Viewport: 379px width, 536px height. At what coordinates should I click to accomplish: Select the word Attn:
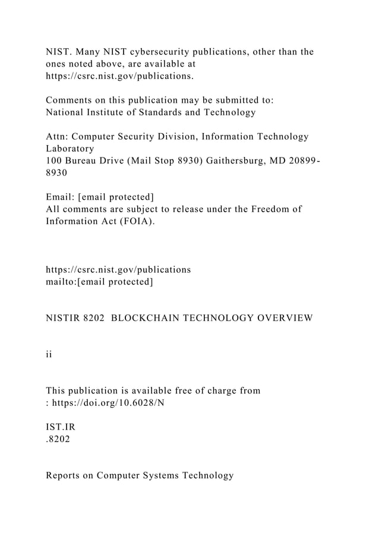pyautogui.click(x=59, y=137)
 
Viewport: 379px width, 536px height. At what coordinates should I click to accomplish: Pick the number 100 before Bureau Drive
pyautogui.click(x=55, y=162)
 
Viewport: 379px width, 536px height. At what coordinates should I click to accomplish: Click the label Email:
pyautogui.click(x=61, y=197)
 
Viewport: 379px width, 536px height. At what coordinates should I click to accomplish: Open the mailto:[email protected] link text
pyautogui.click(x=99, y=282)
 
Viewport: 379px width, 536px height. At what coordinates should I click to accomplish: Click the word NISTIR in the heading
pyautogui.click(x=62, y=318)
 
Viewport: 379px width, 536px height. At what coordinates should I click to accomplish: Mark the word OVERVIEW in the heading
pyautogui.click(x=285, y=318)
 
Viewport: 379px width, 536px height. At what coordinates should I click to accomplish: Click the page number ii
pyautogui.click(x=49, y=354)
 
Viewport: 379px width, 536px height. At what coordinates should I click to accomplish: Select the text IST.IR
pyautogui.click(x=61, y=427)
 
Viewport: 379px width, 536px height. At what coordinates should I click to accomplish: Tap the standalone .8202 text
pyautogui.click(x=58, y=439)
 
